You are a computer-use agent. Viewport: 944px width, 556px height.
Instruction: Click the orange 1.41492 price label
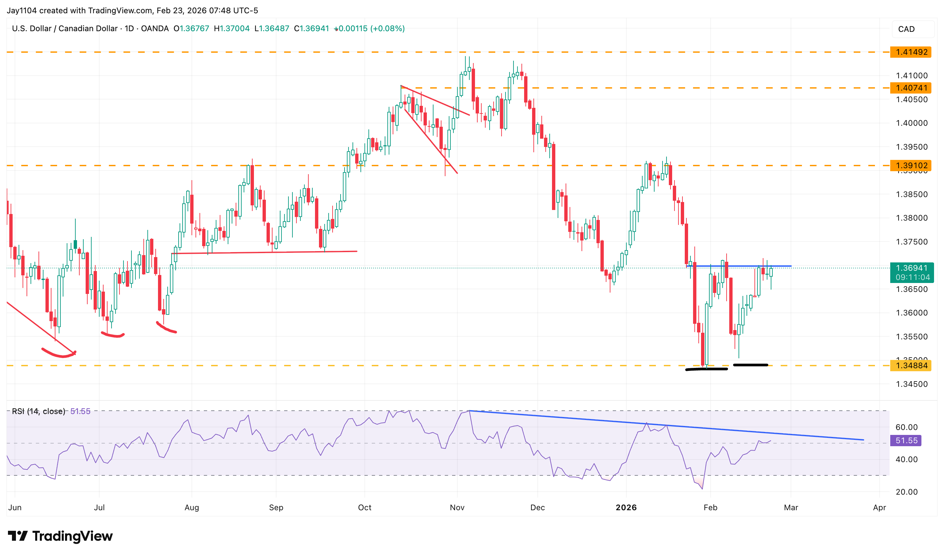pos(911,52)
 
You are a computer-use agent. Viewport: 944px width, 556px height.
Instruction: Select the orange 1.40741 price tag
pos(911,88)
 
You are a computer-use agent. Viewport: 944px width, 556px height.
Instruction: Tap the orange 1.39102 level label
pos(911,166)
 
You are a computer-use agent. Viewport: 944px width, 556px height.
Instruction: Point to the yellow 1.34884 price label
pos(911,366)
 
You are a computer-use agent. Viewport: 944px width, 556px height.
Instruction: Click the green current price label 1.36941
pos(911,268)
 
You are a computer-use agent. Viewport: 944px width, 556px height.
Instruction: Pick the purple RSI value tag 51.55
pos(906,441)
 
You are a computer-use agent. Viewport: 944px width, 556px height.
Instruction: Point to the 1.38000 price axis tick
pos(911,218)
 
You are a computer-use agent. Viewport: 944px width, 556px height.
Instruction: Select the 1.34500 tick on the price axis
pos(911,384)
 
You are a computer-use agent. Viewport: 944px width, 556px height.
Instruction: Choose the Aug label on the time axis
pos(192,508)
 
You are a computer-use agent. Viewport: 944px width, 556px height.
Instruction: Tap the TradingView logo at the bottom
pos(60,536)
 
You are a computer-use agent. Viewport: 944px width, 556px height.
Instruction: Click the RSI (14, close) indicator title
pos(38,411)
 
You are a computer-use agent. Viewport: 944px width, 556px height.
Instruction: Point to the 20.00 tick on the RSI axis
pos(906,492)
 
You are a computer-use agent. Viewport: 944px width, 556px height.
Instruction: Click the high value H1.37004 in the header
pos(232,29)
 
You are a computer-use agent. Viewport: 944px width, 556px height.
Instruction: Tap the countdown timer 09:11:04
pos(912,278)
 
